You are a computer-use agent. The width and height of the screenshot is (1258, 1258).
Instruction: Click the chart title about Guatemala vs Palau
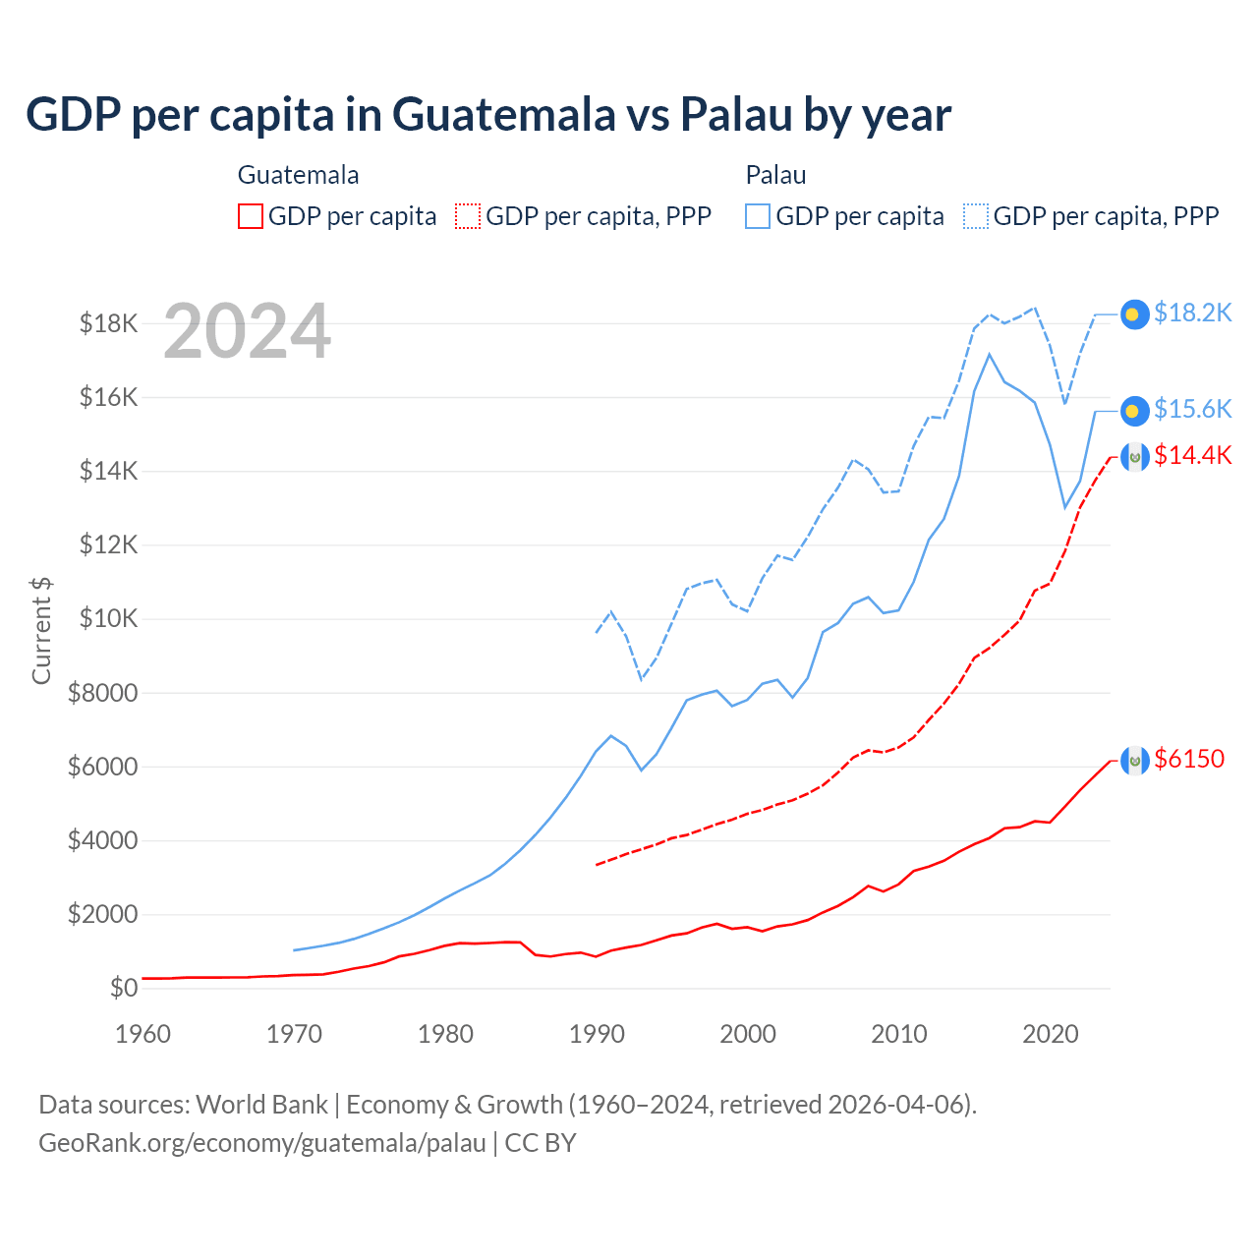click(x=488, y=114)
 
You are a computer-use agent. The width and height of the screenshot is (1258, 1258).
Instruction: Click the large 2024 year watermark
click(x=247, y=331)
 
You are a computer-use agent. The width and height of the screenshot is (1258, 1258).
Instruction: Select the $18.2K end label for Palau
click(x=1192, y=313)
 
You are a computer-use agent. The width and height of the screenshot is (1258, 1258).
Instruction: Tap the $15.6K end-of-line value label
click(x=1192, y=409)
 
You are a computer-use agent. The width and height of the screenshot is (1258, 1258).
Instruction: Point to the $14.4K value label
click(x=1192, y=455)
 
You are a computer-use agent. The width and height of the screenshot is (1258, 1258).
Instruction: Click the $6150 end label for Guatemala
click(x=1189, y=759)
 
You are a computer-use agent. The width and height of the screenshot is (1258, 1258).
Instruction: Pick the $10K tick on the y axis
click(x=103, y=619)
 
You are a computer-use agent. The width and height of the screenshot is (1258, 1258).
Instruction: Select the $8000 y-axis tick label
click(x=102, y=693)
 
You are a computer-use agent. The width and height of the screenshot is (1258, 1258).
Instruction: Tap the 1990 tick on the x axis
click(x=597, y=1034)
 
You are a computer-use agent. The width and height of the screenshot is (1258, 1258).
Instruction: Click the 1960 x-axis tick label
click(x=143, y=1034)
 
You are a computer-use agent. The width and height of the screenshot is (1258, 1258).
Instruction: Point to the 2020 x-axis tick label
click(x=1051, y=1034)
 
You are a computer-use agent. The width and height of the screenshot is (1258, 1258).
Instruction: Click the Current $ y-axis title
click(x=41, y=630)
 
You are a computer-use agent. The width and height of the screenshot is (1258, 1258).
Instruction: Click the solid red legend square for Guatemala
click(x=251, y=216)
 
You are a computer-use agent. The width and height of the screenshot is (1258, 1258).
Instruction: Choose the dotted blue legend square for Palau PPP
click(x=976, y=216)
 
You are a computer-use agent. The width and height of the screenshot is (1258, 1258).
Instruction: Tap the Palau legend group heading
click(x=775, y=175)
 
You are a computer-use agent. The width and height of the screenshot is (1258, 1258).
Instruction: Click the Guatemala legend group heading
click(x=298, y=175)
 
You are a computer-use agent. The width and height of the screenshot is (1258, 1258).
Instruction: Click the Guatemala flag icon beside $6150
click(x=1135, y=760)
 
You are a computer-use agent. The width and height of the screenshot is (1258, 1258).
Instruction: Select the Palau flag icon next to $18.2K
click(x=1135, y=314)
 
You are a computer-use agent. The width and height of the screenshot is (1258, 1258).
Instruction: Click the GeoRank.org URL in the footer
click(x=262, y=1143)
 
